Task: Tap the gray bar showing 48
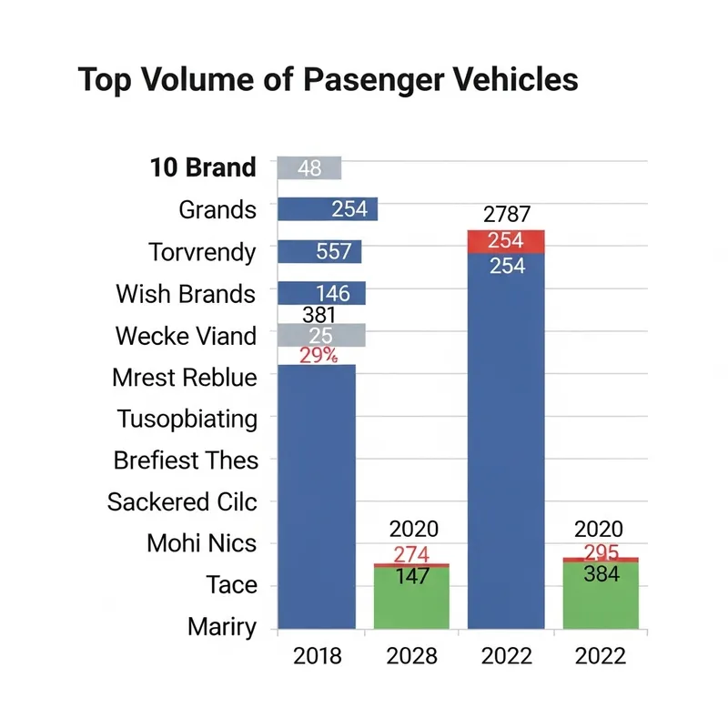(x=309, y=168)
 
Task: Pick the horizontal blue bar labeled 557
(x=319, y=252)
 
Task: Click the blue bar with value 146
(x=321, y=293)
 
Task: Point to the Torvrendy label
(x=202, y=252)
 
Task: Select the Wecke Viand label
(x=186, y=336)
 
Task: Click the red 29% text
(x=318, y=356)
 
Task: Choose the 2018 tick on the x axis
(x=317, y=655)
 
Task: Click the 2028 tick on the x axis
(x=411, y=655)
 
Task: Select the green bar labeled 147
(x=412, y=601)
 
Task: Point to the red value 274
(x=411, y=554)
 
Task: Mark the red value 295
(x=601, y=553)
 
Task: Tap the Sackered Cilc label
(x=182, y=501)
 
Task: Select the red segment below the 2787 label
(x=506, y=242)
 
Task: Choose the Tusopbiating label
(x=187, y=420)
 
